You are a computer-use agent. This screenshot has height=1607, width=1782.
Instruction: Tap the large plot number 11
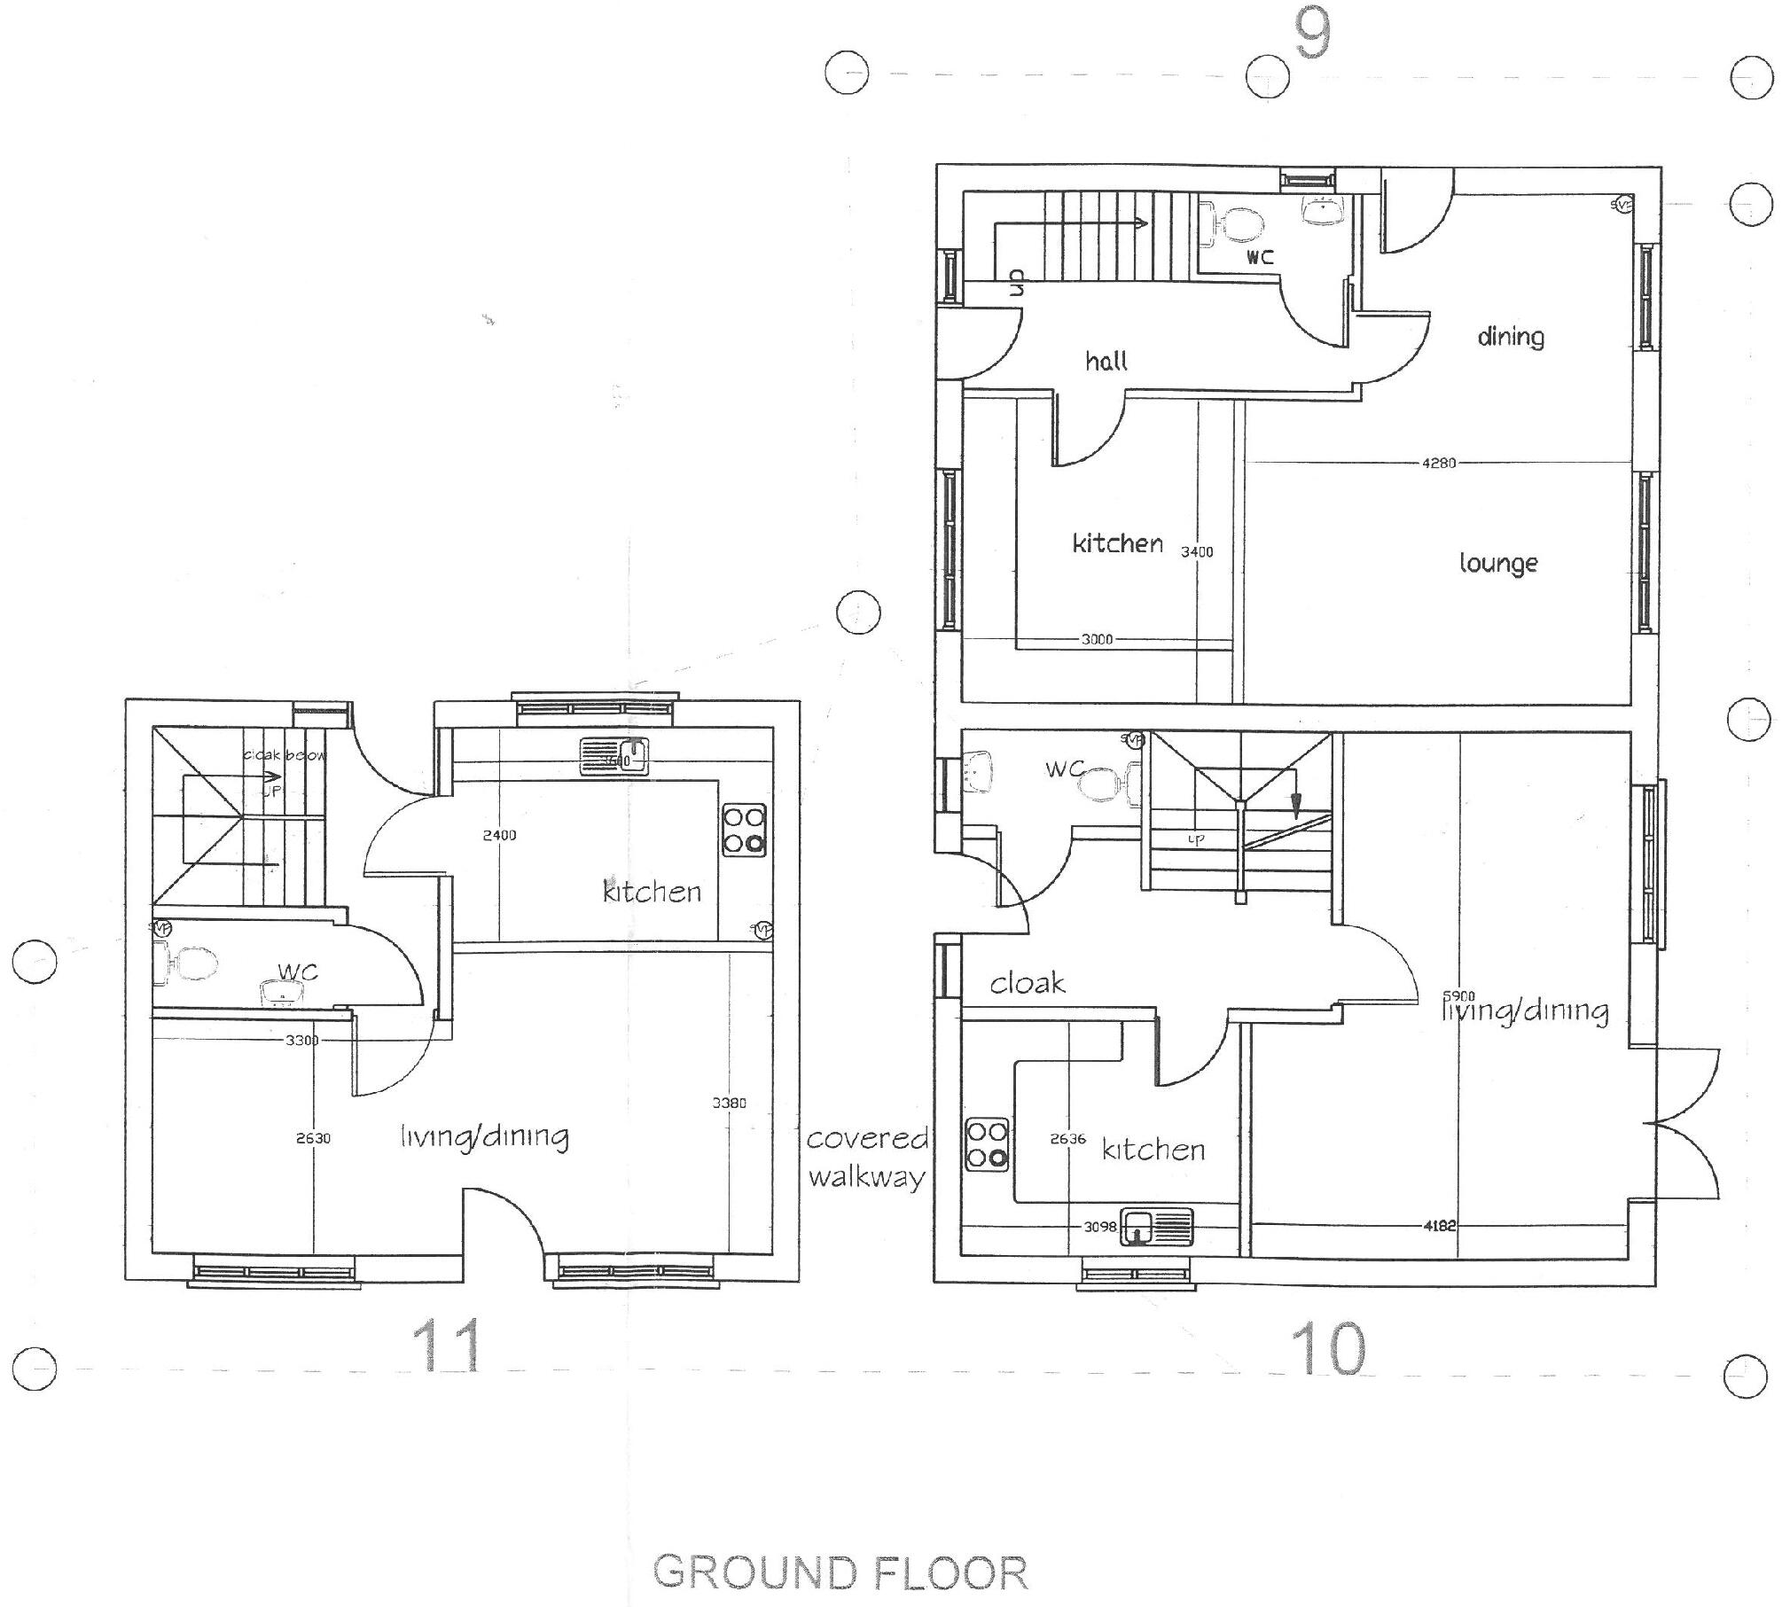pos(446,1346)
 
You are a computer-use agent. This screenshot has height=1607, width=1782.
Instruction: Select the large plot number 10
pos(1327,1348)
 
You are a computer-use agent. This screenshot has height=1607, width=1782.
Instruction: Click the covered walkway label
pos(866,1158)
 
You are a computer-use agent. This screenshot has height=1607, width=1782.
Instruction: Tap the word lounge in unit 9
pos(1498,564)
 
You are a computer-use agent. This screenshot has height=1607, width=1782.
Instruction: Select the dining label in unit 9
pos(1511,337)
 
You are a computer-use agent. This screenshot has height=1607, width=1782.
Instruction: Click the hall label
pos(1106,361)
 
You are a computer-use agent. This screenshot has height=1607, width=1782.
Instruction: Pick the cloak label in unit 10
pos(1027,983)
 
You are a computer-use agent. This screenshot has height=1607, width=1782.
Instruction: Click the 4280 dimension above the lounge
pos(1438,463)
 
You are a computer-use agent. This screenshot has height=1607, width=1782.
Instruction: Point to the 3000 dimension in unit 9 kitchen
pos(1097,639)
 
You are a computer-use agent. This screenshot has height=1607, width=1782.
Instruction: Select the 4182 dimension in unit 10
pos(1439,1226)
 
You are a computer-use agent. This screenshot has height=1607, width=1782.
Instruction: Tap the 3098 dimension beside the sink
pos(1099,1227)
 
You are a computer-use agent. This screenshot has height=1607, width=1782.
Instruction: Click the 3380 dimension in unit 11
pos(729,1103)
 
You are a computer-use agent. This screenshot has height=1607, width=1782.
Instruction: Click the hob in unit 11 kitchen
pos(744,829)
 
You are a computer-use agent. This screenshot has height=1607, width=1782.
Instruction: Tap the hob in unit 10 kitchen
pos(988,1144)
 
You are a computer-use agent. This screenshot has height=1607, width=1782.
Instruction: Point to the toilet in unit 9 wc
pos(1235,225)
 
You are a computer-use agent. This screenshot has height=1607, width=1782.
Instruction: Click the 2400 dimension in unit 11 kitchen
pos(499,835)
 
